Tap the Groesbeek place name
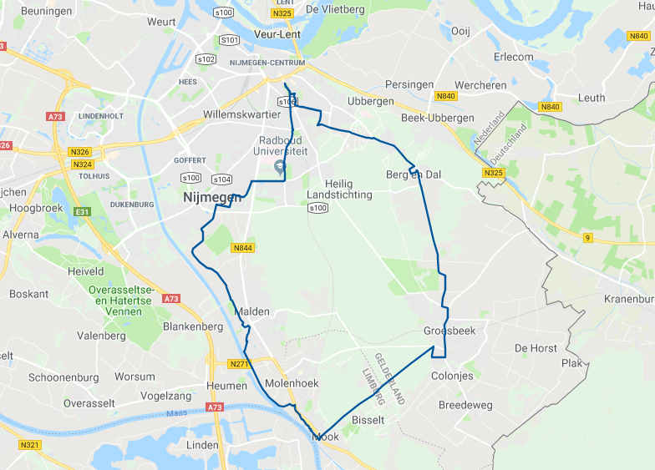point(449,331)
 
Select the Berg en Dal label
point(413,174)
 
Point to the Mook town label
point(325,437)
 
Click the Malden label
point(253,311)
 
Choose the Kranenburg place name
point(627,299)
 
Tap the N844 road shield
point(243,248)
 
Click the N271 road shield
point(239,364)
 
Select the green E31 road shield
point(81,212)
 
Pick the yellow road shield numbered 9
point(587,238)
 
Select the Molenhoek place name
point(292,383)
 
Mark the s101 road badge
point(229,40)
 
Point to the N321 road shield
point(29,445)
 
